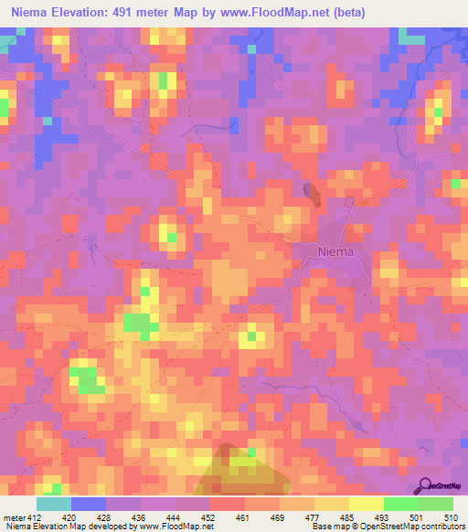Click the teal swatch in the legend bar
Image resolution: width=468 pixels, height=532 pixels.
point(53,504)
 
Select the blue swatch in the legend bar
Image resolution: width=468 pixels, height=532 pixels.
point(88,504)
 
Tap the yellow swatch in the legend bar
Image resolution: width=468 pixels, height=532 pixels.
point(366,504)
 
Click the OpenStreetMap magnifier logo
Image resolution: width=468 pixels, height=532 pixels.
point(425,485)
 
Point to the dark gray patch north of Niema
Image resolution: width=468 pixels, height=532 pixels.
point(312,193)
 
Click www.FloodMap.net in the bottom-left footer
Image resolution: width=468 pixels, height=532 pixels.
point(179,526)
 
